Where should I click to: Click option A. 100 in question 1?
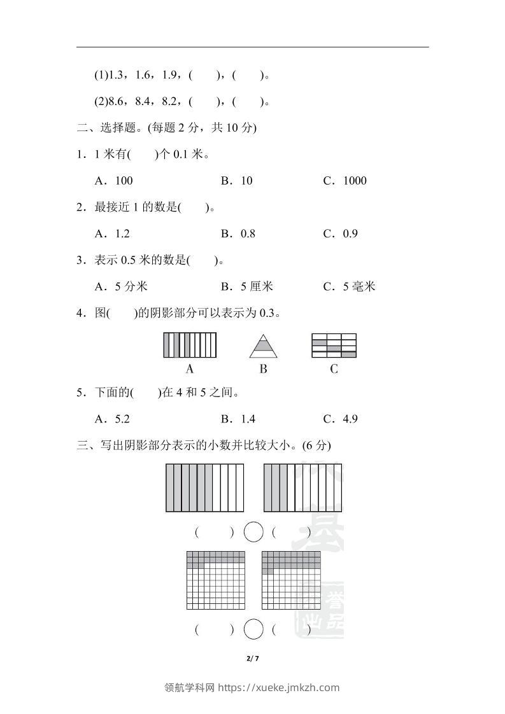coord(114,181)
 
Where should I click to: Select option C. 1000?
coord(345,181)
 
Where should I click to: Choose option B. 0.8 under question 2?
coord(238,234)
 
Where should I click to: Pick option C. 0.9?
coord(341,234)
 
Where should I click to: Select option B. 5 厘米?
coord(247,286)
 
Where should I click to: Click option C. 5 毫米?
coord(349,286)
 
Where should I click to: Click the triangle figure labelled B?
coord(263,347)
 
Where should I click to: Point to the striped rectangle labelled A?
coord(190,346)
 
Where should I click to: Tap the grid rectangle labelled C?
coord(334,346)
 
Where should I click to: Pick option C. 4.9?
coord(341,419)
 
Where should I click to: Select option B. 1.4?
coord(238,419)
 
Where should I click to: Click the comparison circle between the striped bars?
coord(253,532)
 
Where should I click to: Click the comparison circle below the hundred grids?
coord(253,630)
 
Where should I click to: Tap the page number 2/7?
coord(253,658)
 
